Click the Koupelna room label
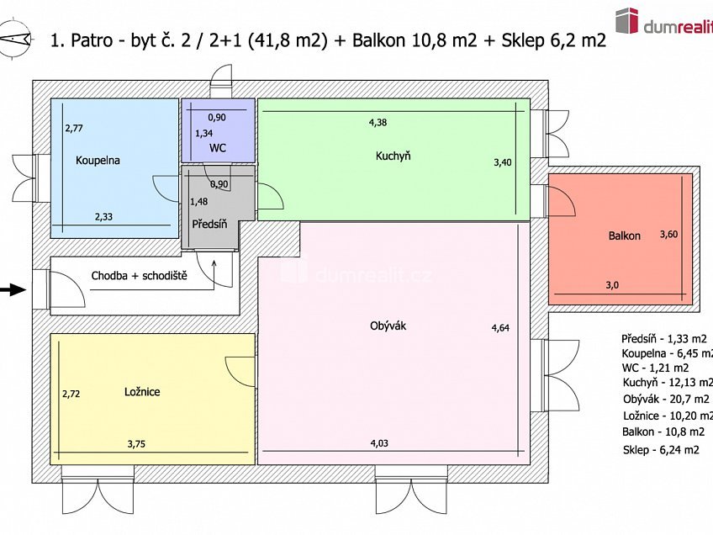pos(98,160)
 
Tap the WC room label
pos(218,148)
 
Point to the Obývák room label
pos(388,326)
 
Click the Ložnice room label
pos(142,391)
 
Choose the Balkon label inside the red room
pos(624,236)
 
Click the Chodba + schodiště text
pos(139,275)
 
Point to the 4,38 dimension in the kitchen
pos(378,122)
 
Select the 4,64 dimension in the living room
pos(500,328)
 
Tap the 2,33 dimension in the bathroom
pos(103,216)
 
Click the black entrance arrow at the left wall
pos(11,290)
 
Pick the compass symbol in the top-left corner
pos(16,39)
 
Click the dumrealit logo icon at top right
pos(626,20)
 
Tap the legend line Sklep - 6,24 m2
pos(661,450)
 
